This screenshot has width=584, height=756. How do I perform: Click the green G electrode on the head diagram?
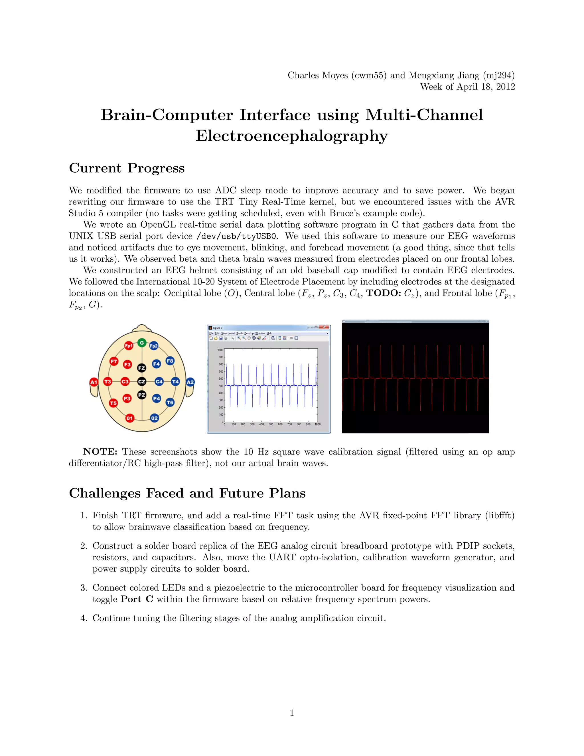pyautogui.click(x=141, y=343)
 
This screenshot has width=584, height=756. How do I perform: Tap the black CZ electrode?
pyautogui.click(x=142, y=381)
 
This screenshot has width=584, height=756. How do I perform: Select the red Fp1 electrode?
pyautogui.click(x=129, y=345)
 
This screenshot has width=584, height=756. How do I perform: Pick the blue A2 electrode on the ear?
pyautogui.click(x=190, y=382)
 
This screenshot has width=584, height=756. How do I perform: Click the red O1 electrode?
pyautogui.click(x=129, y=418)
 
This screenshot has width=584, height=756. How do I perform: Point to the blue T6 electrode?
pyautogui.click(x=170, y=402)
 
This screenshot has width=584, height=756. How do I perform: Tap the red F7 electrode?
pyautogui.click(x=114, y=361)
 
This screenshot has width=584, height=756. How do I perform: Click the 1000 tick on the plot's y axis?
pyautogui.click(x=220, y=350)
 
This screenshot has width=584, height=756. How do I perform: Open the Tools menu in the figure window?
pyautogui.click(x=240, y=333)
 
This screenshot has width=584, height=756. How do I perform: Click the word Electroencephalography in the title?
pyautogui.click(x=292, y=136)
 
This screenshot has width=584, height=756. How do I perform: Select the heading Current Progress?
pyautogui.click(x=127, y=168)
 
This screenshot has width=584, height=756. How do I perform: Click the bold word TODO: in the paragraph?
pyautogui.click(x=383, y=293)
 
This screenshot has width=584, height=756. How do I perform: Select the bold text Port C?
pyautogui.click(x=137, y=599)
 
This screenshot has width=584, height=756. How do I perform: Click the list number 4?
pyautogui.click(x=84, y=618)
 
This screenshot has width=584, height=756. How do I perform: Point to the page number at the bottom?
pyautogui.click(x=292, y=713)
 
